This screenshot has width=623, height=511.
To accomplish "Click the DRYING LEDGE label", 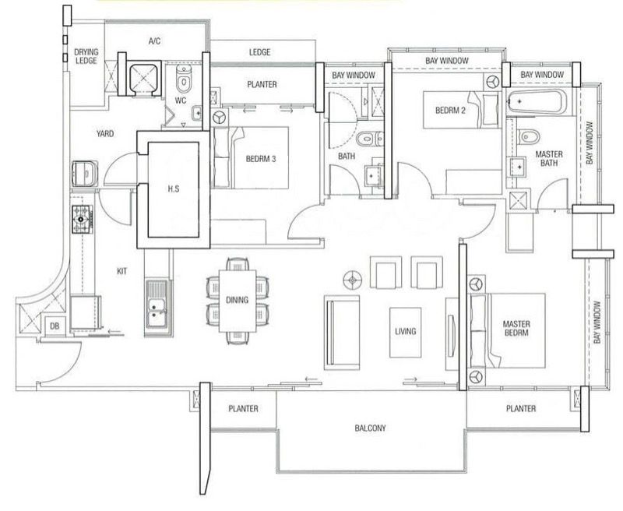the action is pyautogui.click(x=86, y=56).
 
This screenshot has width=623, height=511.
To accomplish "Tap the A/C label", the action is pyautogui.click(x=154, y=41).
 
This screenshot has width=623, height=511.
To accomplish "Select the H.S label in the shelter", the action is pyautogui.click(x=174, y=189).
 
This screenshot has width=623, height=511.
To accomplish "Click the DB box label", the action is pyautogui.click(x=55, y=326).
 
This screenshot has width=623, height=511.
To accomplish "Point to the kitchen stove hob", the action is pyautogui.click(x=83, y=219).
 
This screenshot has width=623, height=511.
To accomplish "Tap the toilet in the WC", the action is pyautogui.click(x=184, y=78).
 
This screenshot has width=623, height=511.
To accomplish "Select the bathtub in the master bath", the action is pyautogui.click(x=537, y=102).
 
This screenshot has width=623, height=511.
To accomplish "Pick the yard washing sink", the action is pyautogui.click(x=84, y=173).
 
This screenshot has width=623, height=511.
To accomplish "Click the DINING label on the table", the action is pyautogui.click(x=238, y=300).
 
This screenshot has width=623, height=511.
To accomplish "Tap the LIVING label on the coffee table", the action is pyautogui.click(x=405, y=331).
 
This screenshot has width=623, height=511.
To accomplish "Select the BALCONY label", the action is pyautogui.click(x=371, y=428).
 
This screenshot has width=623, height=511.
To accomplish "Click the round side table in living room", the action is pyautogui.click(x=353, y=280).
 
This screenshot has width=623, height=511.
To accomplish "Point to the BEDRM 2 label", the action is pyautogui.click(x=450, y=110).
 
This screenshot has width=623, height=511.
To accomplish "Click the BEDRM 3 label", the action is pyautogui.click(x=261, y=159).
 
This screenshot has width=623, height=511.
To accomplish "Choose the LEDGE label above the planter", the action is pyautogui.click(x=260, y=52).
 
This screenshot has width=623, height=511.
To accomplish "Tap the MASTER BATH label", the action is pyautogui.click(x=549, y=158).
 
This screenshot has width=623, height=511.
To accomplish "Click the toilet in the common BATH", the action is pyautogui.click(x=369, y=139).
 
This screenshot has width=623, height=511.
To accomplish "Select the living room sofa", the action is pyautogui.click(x=342, y=333).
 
